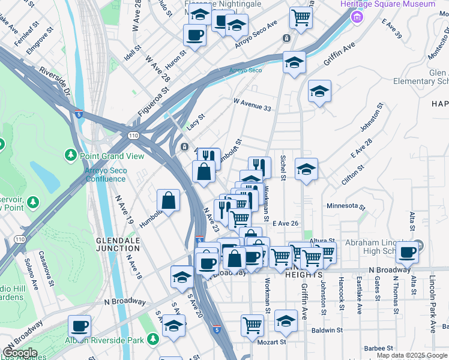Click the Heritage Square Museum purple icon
tap(359, 16)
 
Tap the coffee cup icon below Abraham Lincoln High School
tap(408, 253)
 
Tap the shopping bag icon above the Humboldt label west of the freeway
tap(169, 200)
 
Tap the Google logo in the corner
tap(19, 352)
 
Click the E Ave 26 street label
tap(286, 223)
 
